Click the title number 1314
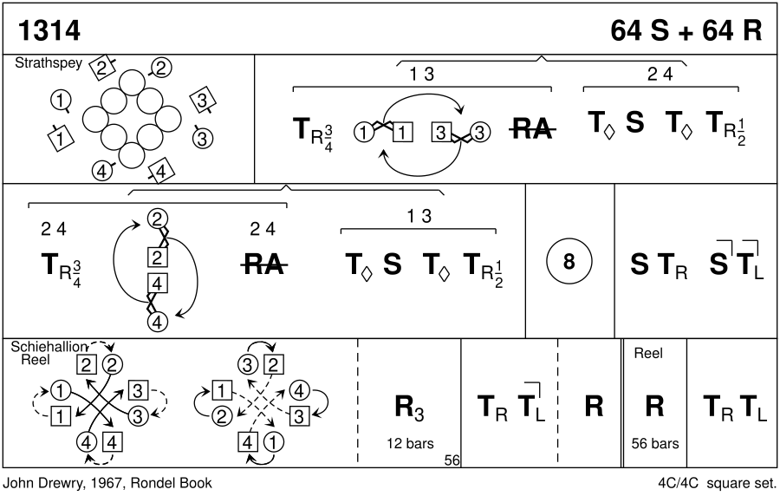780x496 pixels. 49,30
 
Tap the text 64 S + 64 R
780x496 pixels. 686,30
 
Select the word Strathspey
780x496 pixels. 43,63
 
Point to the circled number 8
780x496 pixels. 569,263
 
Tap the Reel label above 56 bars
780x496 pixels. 648,354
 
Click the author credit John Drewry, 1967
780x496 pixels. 72,482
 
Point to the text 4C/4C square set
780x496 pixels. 717,482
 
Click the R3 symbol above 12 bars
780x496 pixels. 409,407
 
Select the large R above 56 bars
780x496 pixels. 654,407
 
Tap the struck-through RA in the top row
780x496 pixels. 532,130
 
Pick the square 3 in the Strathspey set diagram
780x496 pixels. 202,100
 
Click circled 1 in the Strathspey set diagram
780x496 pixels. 61,101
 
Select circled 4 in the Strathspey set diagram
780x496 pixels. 102,170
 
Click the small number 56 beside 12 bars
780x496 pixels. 452,460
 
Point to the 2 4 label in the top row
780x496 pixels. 660,75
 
